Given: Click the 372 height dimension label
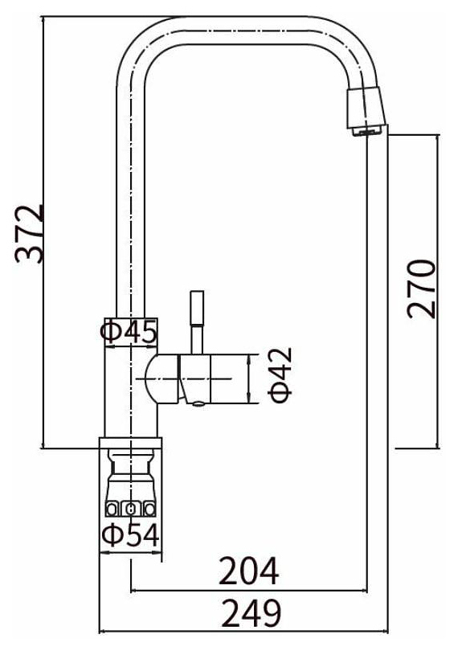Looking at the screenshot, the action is (30, 234).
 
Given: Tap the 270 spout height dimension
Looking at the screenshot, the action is (422, 289).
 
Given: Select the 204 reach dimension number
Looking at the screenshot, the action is (248, 571).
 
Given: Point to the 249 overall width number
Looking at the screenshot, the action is (251, 612).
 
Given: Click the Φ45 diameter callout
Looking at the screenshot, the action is (129, 332).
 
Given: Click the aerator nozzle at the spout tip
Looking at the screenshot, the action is (366, 111).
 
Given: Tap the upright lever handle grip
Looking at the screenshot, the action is (197, 308).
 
